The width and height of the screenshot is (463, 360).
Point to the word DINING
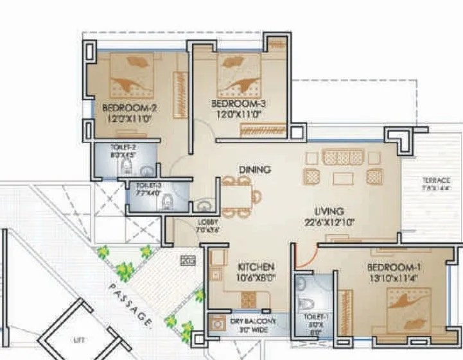(x=254, y=170)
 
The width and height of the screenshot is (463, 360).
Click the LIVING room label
(x=328, y=211)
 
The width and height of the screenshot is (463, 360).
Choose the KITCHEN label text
(x=256, y=267)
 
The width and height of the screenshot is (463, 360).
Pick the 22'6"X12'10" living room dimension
(x=328, y=222)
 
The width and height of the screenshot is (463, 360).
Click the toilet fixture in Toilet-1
(x=306, y=303)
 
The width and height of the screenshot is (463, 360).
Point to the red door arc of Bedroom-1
(x=302, y=257)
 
